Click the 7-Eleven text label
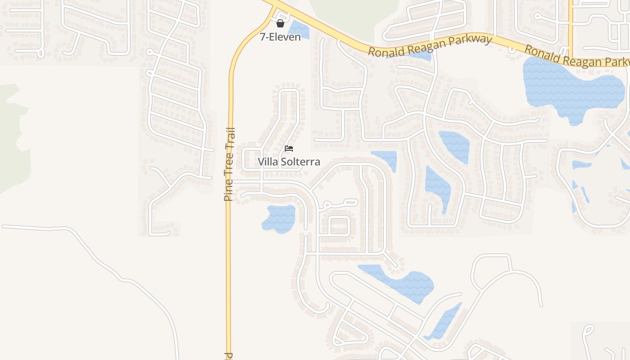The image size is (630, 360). click(280, 37)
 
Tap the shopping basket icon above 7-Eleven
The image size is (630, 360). click(280, 23)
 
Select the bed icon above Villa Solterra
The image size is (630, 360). click(289, 148)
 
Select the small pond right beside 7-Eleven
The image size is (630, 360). click(299, 30)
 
